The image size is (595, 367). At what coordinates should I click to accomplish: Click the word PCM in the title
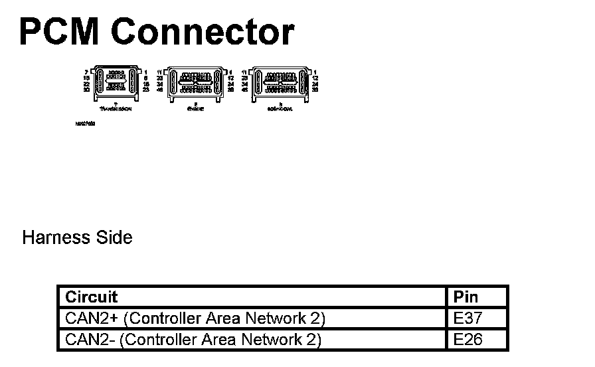[x=58, y=32]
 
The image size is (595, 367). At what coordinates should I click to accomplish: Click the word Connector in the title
[x=202, y=32]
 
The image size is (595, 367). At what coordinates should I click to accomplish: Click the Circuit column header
[x=91, y=297]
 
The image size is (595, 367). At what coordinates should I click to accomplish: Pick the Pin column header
[x=466, y=297]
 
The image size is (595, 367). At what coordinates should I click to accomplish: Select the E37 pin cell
[x=468, y=318]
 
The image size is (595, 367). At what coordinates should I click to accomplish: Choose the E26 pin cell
[x=468, y=340]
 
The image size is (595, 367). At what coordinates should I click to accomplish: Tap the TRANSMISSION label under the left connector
[x=116, y=108]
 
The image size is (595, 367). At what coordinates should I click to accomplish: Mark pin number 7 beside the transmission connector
[x=86, y=71]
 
